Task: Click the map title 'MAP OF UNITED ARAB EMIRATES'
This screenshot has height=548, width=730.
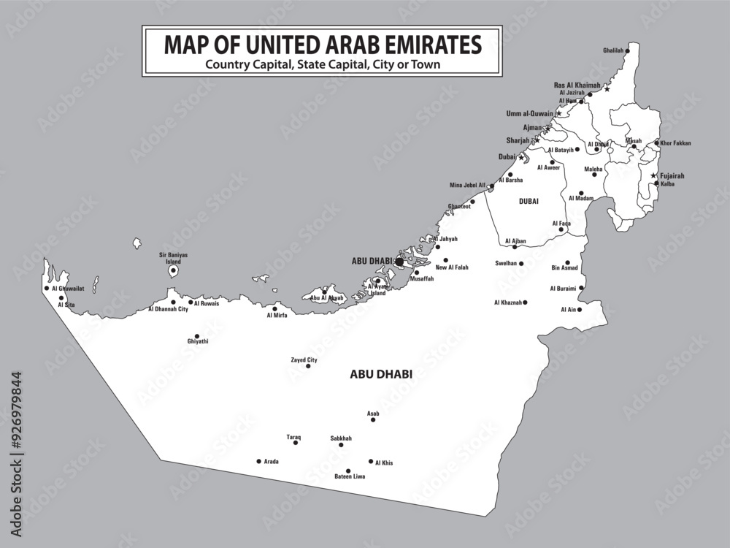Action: pos(322,45)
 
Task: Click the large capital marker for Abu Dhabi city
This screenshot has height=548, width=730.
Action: pos(399,261)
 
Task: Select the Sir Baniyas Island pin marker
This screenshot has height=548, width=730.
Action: pos(173,271)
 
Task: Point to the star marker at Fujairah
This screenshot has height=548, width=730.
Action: pos(653,176)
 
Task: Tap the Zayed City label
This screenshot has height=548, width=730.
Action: pos(304,359)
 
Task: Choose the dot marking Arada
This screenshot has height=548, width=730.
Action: pos(258,461)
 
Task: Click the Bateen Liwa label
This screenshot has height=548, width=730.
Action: pos(350,476)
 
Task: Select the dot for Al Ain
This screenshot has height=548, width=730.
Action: pos(580,310)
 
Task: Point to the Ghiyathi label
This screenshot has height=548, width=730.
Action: pos(197,341)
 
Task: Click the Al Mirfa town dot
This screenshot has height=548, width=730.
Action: pos(277,308)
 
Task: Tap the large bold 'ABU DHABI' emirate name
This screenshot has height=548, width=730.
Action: pos(381,373)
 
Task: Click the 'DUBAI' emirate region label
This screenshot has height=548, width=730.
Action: pos(529,200)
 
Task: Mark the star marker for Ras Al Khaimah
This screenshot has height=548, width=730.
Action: pos(607,88)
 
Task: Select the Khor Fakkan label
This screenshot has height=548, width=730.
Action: pos(675,143)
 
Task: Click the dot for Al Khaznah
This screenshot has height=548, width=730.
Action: pos(524,302)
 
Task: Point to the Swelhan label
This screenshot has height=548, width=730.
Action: pos(506,263)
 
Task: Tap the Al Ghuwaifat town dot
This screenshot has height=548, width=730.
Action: pos(47,288)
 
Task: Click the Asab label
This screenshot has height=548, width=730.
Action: pos(373,414)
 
